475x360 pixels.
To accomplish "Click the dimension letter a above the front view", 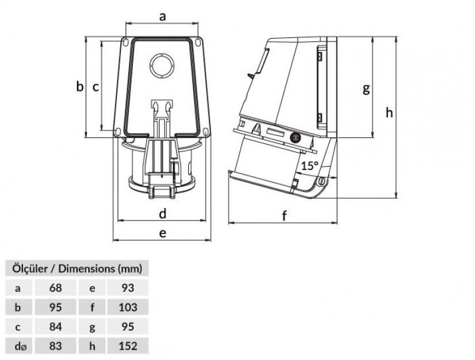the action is (163, 17).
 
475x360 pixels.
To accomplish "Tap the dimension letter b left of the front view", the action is (79, 86).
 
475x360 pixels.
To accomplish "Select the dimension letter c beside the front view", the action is (96, 88).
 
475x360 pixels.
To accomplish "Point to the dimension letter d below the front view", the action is (163, 213).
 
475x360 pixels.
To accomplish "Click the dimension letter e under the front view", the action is (163, 233).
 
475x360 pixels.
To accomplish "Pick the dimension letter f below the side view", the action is (284, 215).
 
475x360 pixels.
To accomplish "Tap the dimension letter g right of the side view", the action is (366, 89).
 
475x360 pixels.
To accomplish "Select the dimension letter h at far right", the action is (389, 112).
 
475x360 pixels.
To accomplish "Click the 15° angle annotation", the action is (310, 166).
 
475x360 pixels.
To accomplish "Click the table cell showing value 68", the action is (55, 287).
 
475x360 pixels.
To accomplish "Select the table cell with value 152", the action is (128, 346).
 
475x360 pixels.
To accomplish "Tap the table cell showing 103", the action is (128, 307).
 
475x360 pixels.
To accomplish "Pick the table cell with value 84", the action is (55, 327).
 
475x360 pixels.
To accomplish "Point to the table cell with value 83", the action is (55, 346).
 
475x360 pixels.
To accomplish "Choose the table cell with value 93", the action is (128, 287).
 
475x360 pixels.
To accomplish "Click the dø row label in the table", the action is (20, 346).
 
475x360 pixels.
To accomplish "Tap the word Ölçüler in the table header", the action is (30, 269).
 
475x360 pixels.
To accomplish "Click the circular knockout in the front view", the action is (162, 66).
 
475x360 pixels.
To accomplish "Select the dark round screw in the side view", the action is (295, 138).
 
